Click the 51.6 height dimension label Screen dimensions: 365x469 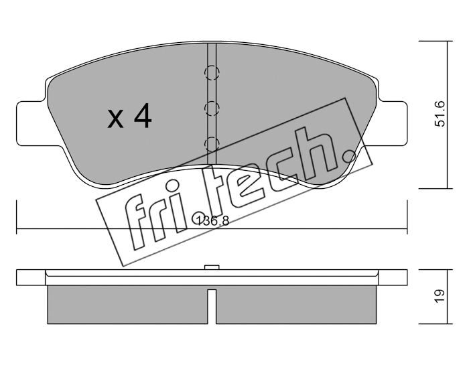(x=440, y=115)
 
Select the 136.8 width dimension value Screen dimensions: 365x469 (x=212, y=221)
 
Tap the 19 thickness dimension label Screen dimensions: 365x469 (x=440, y=296)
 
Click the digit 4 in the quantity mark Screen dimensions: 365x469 (x=141, y=117)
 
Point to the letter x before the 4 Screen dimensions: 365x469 (x=116, y=121)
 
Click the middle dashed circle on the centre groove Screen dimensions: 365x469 (x=212, y=107)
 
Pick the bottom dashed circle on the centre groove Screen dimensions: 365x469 (x=212, y=142)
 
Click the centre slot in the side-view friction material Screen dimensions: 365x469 (x=212, y=305)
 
